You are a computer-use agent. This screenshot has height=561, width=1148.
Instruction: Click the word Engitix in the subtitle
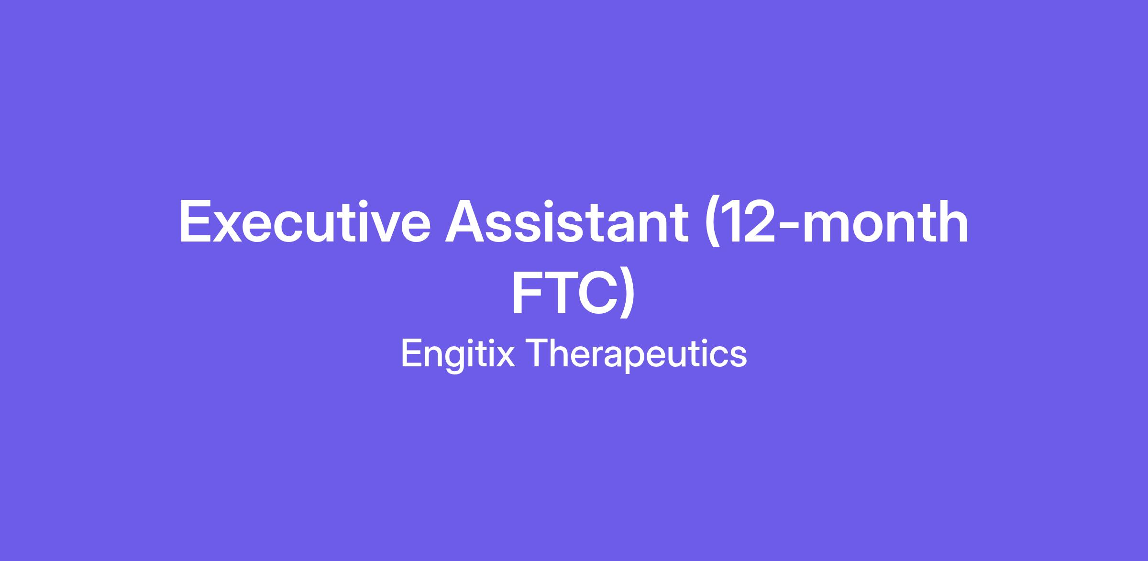click(458, 354)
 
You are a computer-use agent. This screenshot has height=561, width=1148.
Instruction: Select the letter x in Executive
click(230, 227)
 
